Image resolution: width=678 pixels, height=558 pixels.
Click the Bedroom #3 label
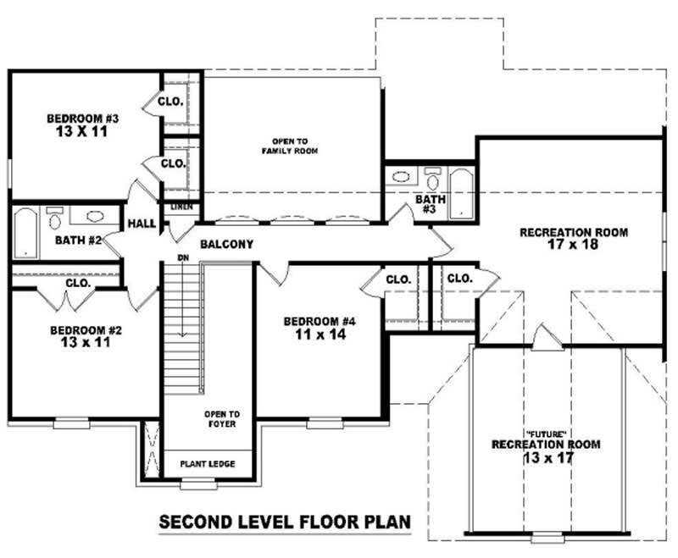[82, 119]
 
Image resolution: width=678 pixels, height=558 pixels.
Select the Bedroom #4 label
[319, 322]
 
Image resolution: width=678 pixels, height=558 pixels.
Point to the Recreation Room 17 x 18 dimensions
[573, 246]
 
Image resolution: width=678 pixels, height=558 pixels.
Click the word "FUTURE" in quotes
[545, 432]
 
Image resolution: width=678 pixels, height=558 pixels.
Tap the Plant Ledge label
[208, 464]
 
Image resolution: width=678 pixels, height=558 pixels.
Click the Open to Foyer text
[220, 418]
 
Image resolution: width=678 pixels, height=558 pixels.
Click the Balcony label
[226, 245]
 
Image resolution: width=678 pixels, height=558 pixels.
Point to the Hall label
[140, 224]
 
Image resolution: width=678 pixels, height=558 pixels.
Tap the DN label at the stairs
[182, 257]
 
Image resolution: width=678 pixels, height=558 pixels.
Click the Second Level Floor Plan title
[286, 522]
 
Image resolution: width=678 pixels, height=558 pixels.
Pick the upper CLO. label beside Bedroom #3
[172, 101]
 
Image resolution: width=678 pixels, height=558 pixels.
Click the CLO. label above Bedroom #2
[79, 284]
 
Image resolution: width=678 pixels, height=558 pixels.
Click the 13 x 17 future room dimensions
[547, 457]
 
